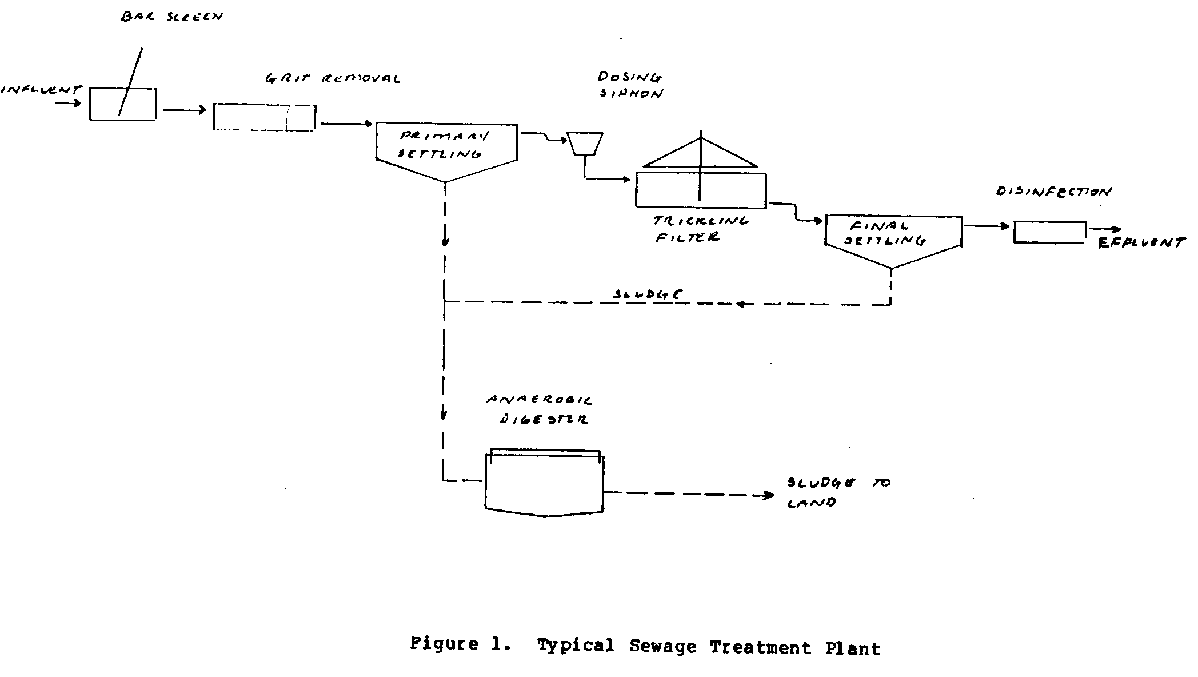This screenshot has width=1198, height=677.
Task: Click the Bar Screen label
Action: [x=171, y=17]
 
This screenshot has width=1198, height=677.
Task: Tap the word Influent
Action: [x=41, y=90]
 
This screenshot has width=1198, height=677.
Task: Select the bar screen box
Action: [x=122, y=104]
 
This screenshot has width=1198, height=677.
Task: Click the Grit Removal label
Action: [x=333, y=79]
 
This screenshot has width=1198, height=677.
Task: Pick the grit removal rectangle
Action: [x=263, y=117]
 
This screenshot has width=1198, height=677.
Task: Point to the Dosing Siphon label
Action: [x=630, y=85]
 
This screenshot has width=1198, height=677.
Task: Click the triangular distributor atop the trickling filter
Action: [x=701, y=154]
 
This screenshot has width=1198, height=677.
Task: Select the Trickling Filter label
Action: [x=701, y=229]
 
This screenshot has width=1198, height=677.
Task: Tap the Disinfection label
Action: [x=1054, y=192]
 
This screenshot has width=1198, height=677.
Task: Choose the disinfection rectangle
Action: [x=1050, y=232]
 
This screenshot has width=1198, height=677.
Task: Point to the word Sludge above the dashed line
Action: [x=648, y=294]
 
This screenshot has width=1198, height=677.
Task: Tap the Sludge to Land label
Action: [x=838, y=492]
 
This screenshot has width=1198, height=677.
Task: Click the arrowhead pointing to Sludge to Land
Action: [x=768, y=496]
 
